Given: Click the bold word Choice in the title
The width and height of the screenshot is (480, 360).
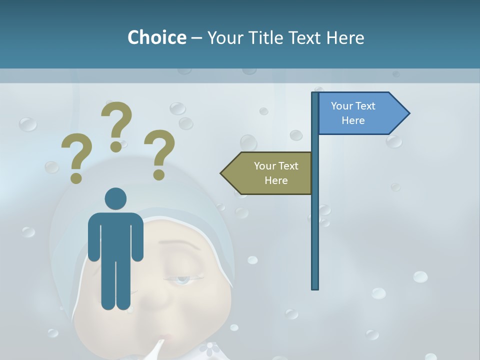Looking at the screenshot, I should point(156,37).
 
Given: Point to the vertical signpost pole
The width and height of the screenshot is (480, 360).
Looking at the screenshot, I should point(315,225).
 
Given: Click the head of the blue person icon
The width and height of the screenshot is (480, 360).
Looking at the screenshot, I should point(115,198).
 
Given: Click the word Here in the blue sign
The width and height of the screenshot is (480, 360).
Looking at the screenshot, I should point(353,120).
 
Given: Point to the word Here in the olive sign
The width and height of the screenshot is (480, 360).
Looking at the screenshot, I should point(276,180).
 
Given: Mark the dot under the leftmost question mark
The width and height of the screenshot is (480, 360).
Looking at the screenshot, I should point(76,177).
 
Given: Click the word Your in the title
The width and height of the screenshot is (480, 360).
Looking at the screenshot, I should point(224,37).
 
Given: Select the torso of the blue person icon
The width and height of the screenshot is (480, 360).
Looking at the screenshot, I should point(115,235).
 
